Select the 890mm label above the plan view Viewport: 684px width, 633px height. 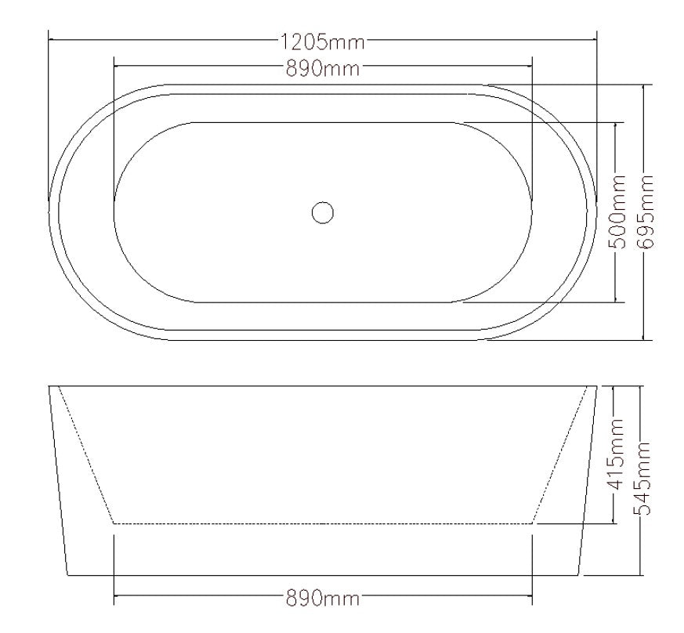click(322, 68)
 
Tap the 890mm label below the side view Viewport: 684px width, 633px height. click(322, 600)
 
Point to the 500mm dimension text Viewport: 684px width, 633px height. click(618, 212)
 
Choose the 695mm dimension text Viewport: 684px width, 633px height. click(646, 212)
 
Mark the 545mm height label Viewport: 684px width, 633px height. click(644, 479)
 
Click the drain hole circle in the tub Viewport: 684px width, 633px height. click(322, 212)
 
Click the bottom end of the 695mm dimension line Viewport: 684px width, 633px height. click(644, 340)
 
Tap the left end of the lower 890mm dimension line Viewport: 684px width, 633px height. click(114, 600)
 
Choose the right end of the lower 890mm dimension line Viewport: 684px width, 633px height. click(532, 600)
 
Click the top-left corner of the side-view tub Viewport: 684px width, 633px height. click(49, 386)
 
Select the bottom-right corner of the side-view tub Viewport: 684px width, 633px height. click(579, 575)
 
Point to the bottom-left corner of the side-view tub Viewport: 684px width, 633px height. click(67, 575)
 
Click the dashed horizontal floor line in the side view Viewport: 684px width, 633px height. click(322, 523)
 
